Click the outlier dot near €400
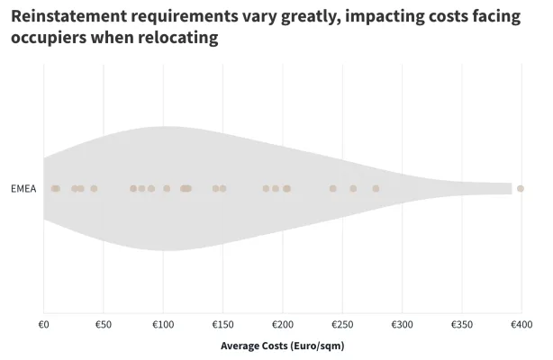point(521,189)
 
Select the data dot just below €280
point(376,189)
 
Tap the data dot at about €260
point(353,189)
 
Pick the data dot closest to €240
point(332,189)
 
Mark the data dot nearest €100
point(167,189)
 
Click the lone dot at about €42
point(94,189)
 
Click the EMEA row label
point(23,189)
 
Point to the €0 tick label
point(43,324)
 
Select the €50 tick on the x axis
point(103,324)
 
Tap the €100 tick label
point(162,324)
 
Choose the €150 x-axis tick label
point(222,324)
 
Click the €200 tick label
point(282,324)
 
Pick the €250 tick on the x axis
point(341,324)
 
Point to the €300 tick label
point(402,324)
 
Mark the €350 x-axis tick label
point(461,324)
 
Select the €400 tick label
point(521,324)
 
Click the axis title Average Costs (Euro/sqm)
point(282,346)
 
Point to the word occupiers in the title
point(50,39)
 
